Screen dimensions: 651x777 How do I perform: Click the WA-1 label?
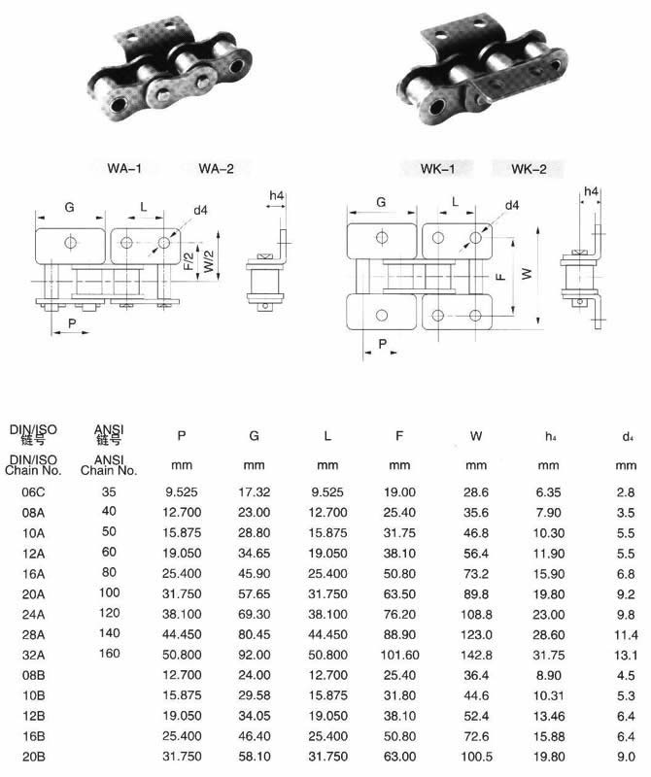point(124,168)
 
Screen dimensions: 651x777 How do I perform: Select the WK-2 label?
point(529,169)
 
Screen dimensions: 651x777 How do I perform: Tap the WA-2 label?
point(216,168)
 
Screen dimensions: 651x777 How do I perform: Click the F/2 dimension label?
point(188,261)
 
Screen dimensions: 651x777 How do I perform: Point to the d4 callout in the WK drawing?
point(512,205)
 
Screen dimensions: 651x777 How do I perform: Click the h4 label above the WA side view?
point(277,196)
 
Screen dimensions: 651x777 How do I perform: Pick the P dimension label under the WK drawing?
point(382,344)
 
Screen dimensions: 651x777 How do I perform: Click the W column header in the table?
point(476,436)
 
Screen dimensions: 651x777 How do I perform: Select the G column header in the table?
point(254,435)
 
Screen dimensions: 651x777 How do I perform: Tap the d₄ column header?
point(628,436)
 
